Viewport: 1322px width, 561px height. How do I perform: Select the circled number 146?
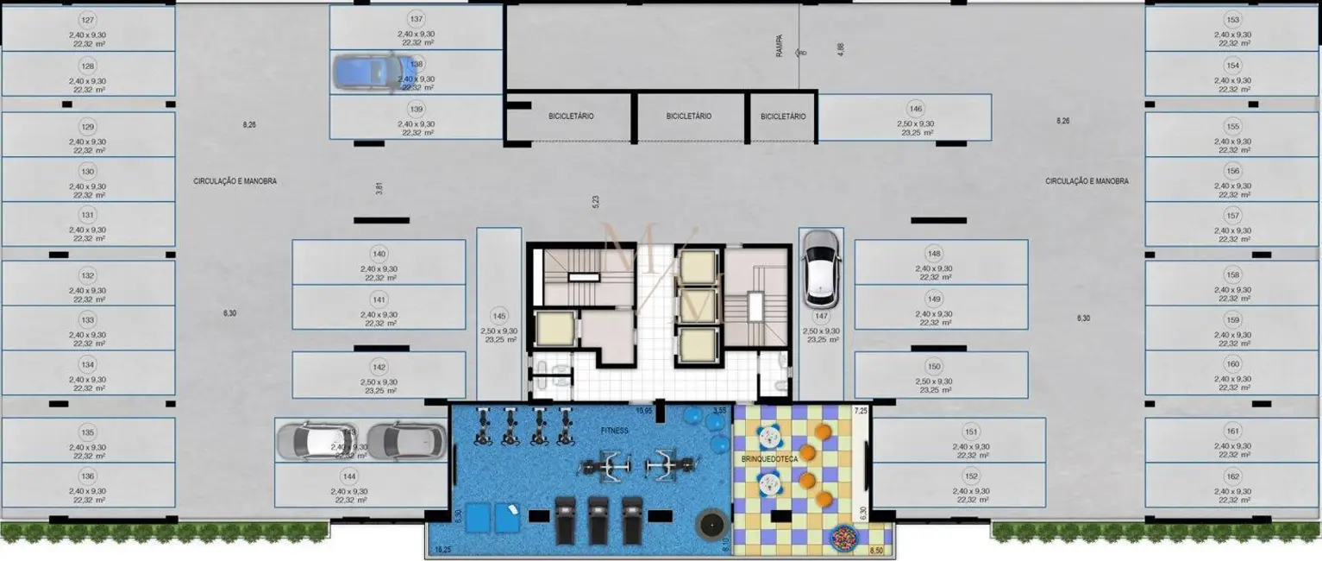tap(915, 109)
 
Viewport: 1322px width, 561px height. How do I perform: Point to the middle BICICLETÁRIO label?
tap(688, 117)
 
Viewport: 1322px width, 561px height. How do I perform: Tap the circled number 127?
tap(87, 20)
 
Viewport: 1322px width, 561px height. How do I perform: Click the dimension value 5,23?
tap(595, 201)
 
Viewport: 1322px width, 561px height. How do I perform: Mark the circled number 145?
tap(498, 315)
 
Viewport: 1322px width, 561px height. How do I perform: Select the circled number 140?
tap(379, 254)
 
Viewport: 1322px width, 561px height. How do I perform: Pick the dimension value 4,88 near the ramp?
tap(841, 49)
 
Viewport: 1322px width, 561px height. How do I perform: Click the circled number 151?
tap(971, 432)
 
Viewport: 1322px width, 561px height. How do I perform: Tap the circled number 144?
tap(349, 476)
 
